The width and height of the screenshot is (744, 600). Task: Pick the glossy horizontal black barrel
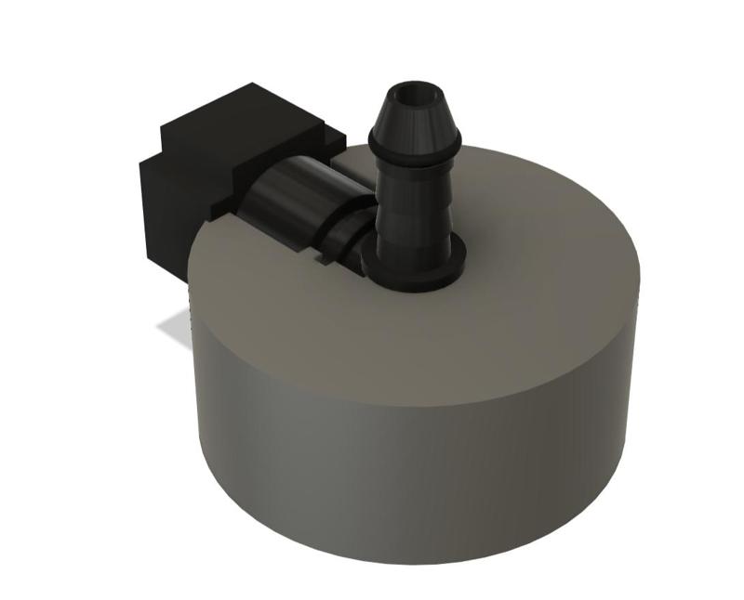pyautogui.click(x=293, y=200)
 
